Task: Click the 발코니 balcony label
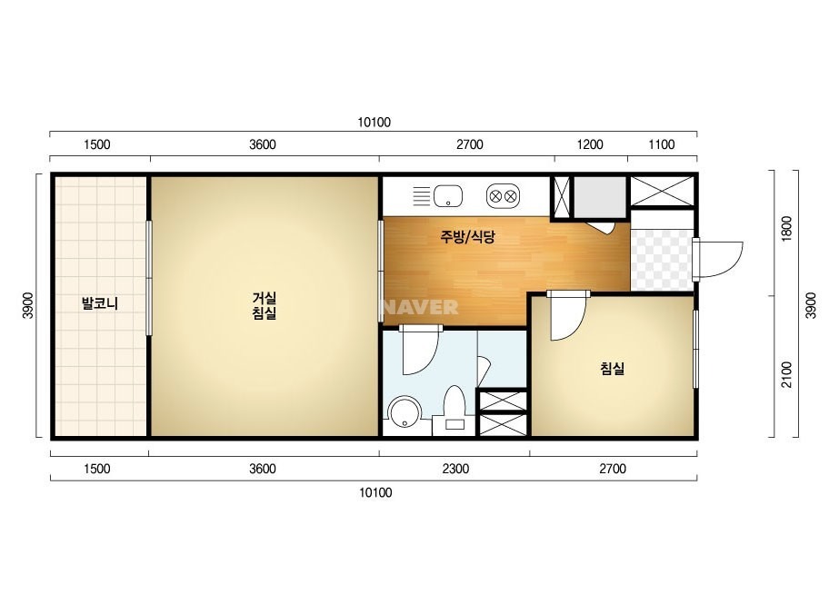[99, 303]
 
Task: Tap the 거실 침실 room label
[264, 305]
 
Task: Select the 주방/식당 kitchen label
[467, 236]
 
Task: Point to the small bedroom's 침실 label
[612, 368]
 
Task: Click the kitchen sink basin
[448, 196]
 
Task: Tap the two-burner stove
[503, 196]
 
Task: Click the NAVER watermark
[421, 307]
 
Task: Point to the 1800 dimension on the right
[786, 228]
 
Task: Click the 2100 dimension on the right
[786, 375]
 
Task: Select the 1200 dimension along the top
[590, 144]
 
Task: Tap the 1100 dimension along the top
[662, 144]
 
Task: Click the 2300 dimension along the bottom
[455, 469]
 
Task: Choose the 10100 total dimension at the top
[374, 123]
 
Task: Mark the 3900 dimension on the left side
[28, 305]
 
